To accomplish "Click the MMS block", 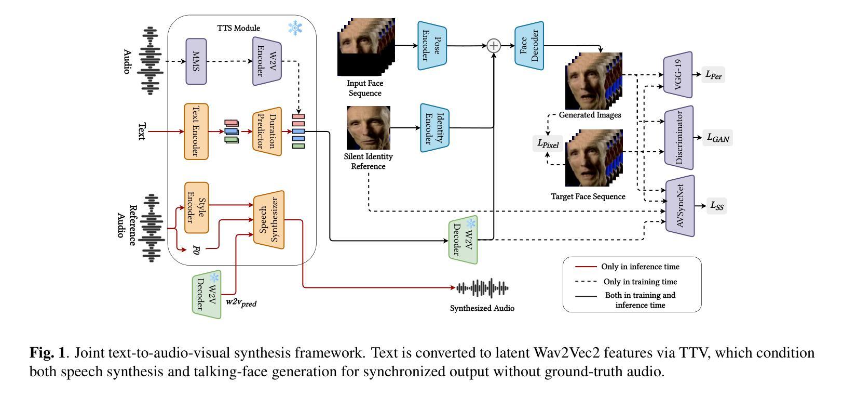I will coord(196,61).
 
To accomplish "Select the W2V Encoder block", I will coord(267,61).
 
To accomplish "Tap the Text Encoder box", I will coord(196,131).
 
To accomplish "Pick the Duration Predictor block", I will coord(267,131).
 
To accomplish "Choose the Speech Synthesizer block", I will coord(269,220).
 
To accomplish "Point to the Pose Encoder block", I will coord(432,46).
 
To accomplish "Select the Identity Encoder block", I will coord(434,128).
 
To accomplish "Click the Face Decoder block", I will coord(529,46).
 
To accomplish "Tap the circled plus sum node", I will coord(494,46).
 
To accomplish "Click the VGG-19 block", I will coord(678,74).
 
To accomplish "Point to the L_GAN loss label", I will coord(718,138).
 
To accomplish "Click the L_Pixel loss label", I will coord(548,143).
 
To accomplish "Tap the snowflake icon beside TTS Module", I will coord(295,28).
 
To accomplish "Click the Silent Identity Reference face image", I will coord(369,128).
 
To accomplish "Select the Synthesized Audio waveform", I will coord(482,288).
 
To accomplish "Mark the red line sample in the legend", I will coord(586,267).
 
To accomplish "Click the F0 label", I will coord(196,250).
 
